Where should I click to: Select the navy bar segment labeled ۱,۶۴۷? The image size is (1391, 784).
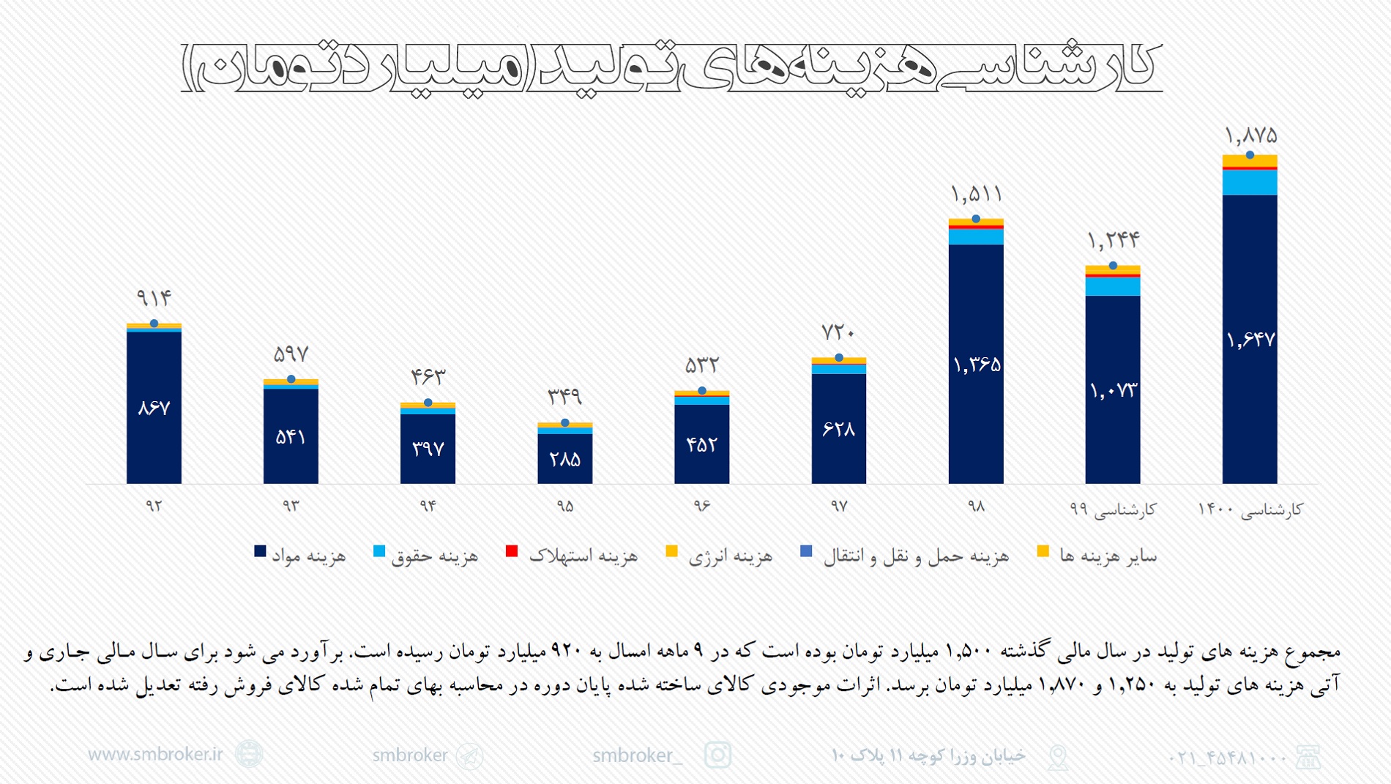(x=1250, y=339)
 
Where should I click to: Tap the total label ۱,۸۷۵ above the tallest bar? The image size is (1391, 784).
(x=1250, y=135)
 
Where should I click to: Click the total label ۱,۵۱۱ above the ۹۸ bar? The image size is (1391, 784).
(x=976, y=195)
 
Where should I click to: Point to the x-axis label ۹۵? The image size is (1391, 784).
(x=564, y=507)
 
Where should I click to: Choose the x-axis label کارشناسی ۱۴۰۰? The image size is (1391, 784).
(x=1250, y=509)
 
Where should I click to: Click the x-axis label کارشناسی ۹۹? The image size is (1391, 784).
(x=1113, y=509)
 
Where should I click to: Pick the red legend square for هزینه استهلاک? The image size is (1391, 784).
(x=512, y=551)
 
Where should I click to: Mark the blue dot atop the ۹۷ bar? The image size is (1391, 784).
(x=839, y=357)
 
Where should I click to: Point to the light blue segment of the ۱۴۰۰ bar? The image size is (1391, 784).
(x=1250, y=182)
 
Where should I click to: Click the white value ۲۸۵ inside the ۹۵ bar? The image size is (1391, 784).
(x=564, y=460)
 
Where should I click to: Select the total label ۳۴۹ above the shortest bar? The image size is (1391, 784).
(x=564, y=397)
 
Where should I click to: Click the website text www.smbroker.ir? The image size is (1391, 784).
(x=155, y=754)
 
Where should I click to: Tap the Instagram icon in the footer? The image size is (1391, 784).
(x=717, y=755)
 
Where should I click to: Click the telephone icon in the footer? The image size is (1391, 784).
(x=1308, y=757)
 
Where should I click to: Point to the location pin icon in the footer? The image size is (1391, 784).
(x=1058, y=756)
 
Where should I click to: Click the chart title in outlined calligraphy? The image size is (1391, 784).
(x=671, y=66)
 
